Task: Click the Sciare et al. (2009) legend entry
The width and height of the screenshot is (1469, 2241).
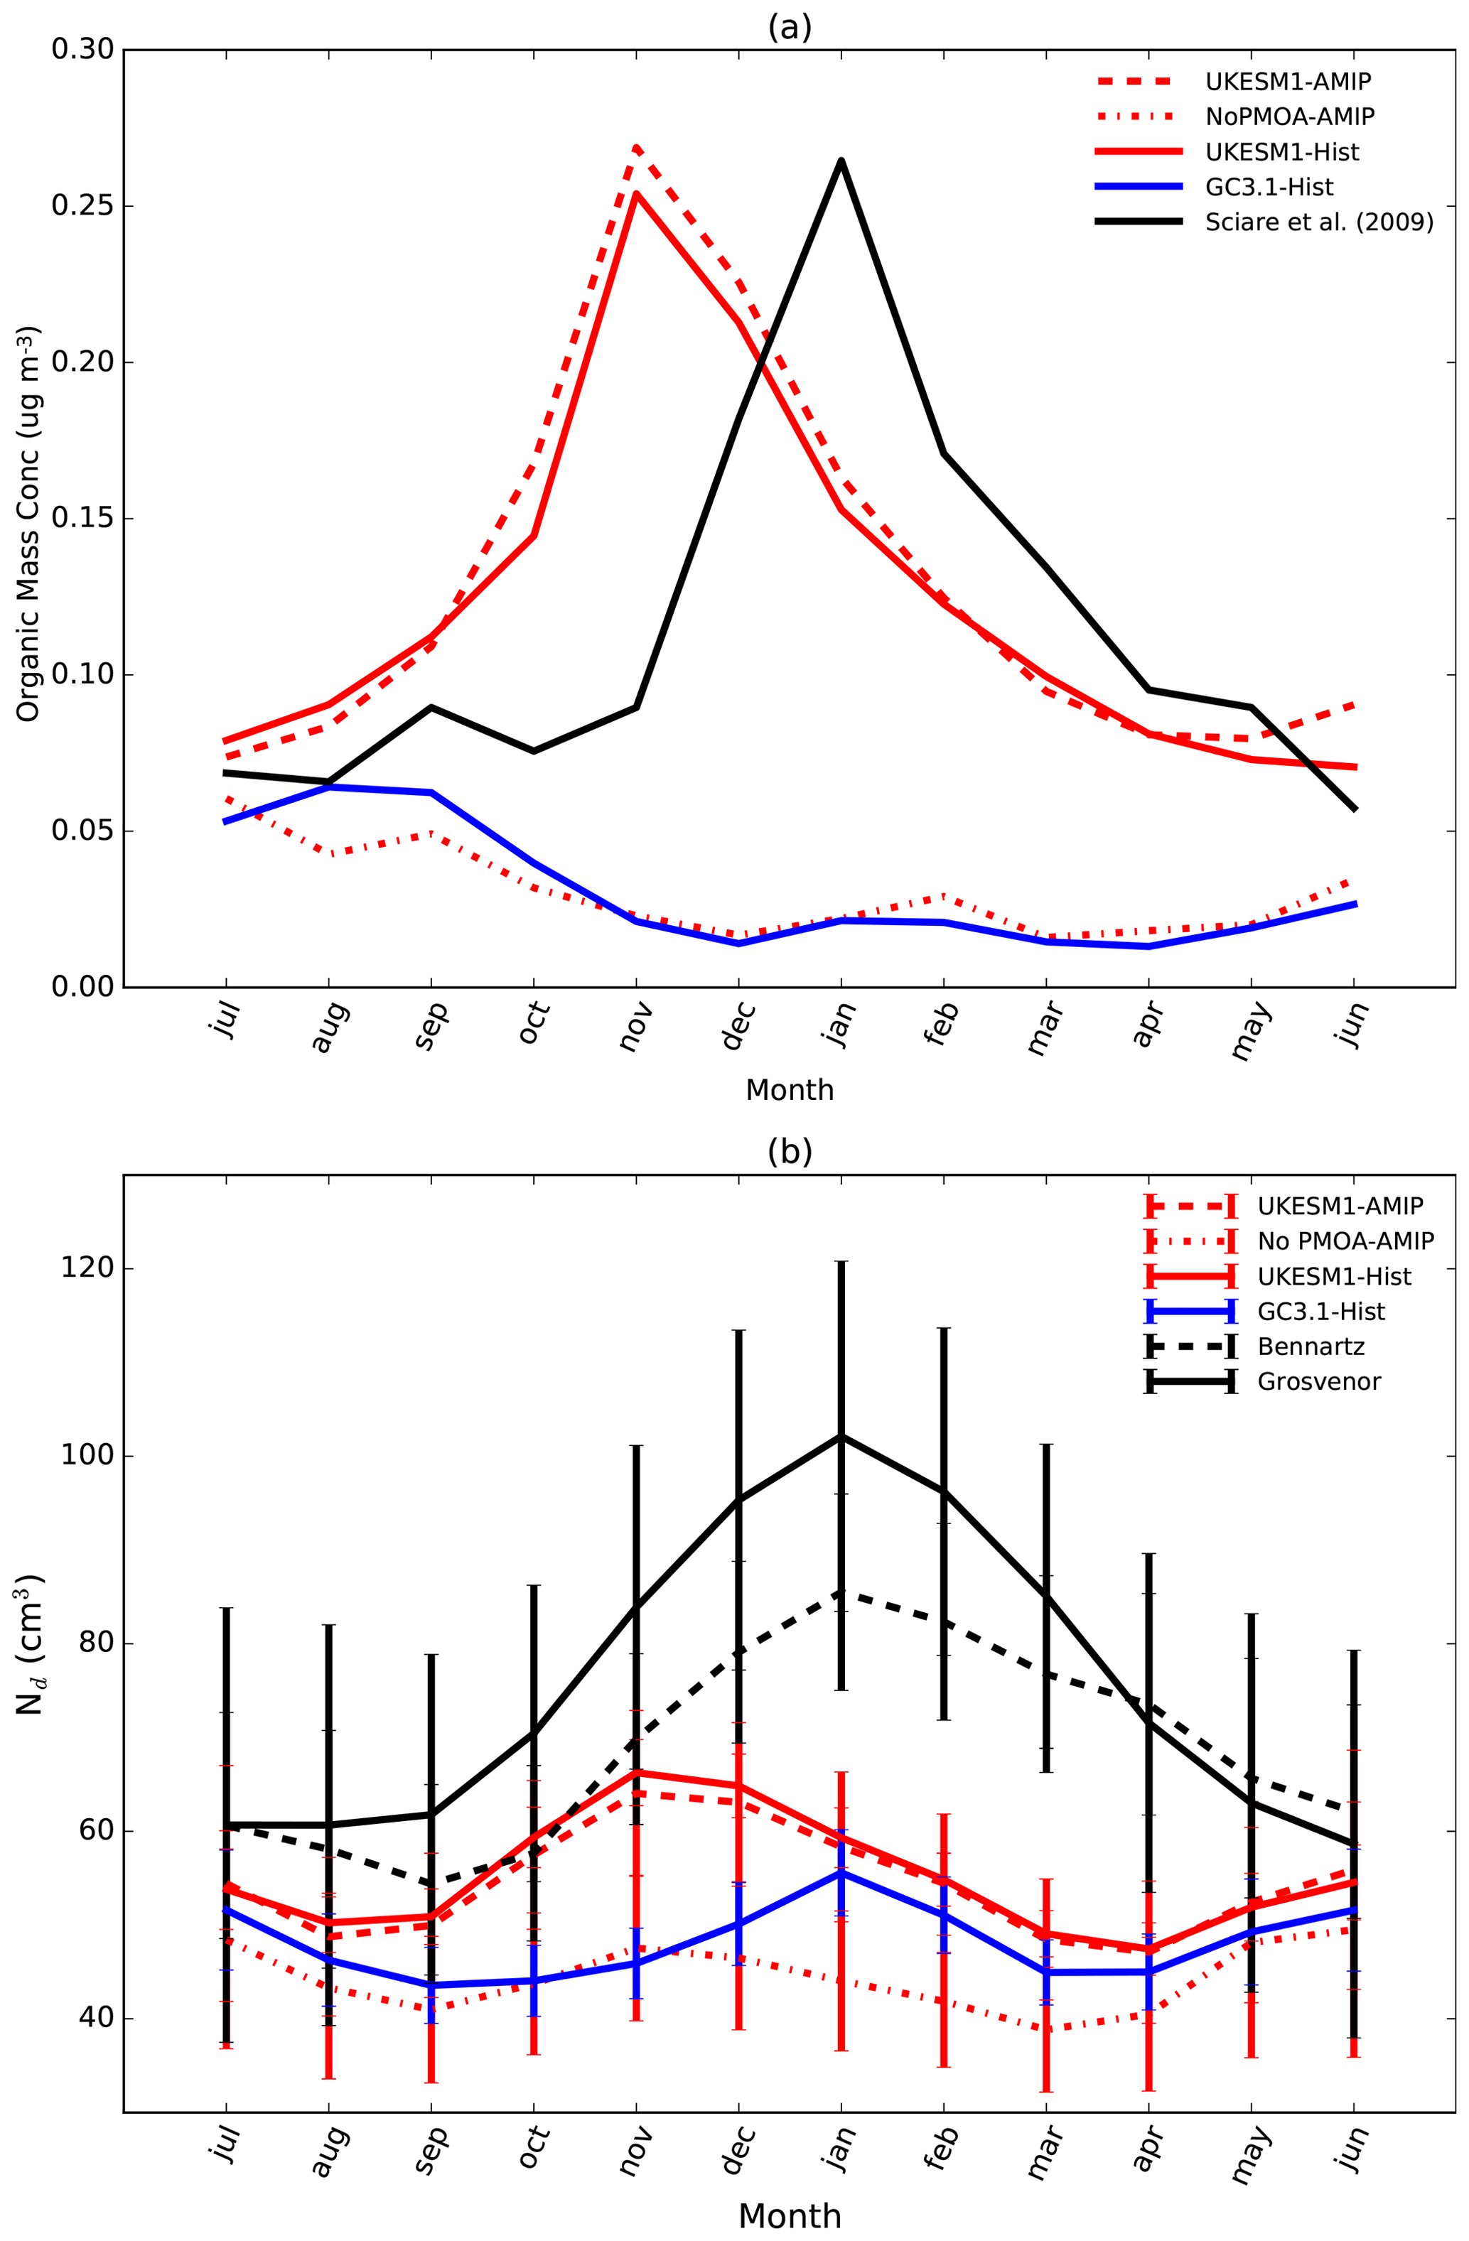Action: click(1318, 222)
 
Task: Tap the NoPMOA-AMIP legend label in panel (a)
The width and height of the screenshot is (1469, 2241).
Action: click(1289, 117)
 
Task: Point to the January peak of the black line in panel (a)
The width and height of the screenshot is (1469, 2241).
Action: click(841, 160)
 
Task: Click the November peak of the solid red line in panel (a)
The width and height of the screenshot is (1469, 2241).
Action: click(637, 193)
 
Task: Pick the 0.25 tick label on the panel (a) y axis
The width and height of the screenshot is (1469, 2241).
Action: click(82, 206)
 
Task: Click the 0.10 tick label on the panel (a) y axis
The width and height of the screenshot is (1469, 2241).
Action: click(82, 675)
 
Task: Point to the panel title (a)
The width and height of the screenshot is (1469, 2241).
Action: click(789, 28)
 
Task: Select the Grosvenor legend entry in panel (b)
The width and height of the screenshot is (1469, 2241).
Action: click(1318, 1381)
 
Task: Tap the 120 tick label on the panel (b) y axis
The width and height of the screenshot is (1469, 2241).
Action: click(89, 1268)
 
